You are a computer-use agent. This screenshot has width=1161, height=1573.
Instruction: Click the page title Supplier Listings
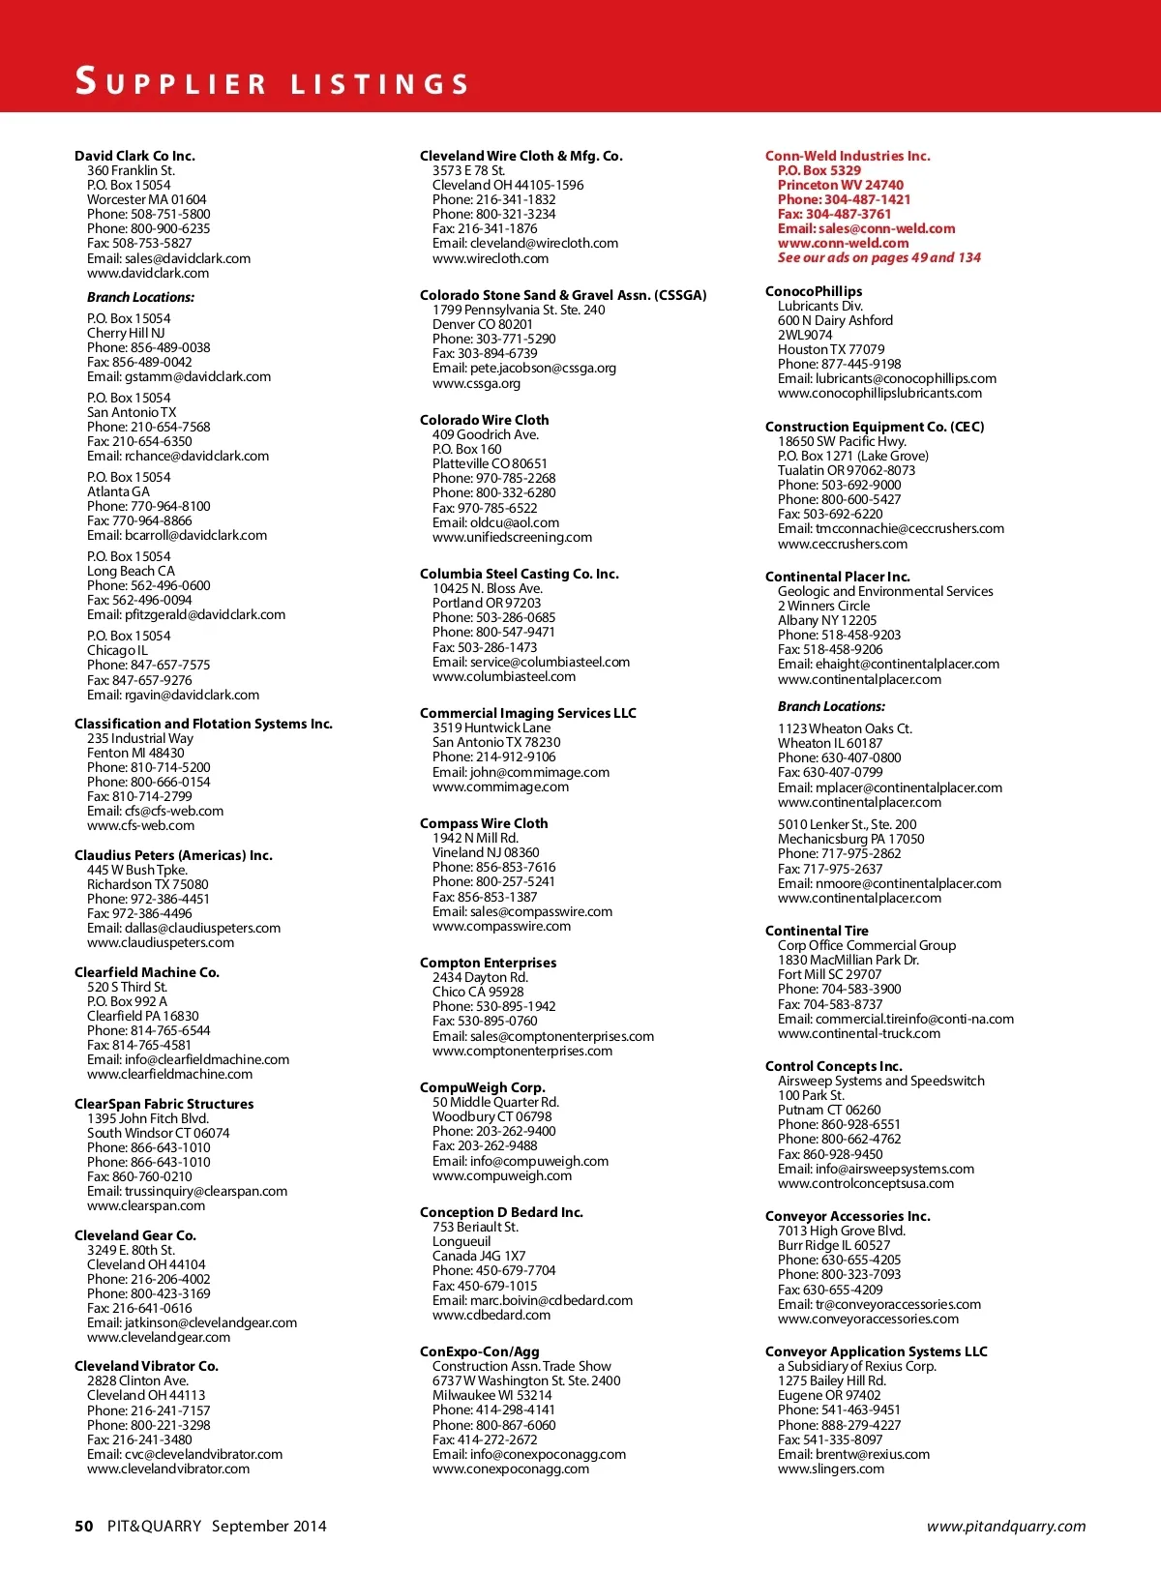coord(272,82)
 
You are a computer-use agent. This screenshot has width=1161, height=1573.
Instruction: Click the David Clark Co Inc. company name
coord(134,156)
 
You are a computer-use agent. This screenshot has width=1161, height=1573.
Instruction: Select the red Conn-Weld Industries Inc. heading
coord(848,156)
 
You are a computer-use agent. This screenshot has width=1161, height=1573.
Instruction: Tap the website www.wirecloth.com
coord(491,258)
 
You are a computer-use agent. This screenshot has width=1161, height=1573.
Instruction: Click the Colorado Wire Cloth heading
coord(484,420)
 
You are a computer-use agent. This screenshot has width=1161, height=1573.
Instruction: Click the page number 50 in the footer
coord(84,1526)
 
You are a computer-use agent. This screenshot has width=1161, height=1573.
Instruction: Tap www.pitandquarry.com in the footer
coord(1006,1527)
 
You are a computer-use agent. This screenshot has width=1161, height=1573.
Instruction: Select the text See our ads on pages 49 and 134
coord(878,258)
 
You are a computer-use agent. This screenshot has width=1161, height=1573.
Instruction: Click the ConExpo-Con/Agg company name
coord(480,1351)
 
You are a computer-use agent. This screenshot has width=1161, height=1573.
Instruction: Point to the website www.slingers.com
coord(831,1469)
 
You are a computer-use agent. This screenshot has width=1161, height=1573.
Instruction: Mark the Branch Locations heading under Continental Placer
coord(831,707)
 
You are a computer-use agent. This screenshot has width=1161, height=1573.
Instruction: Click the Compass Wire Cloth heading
coord(484,823)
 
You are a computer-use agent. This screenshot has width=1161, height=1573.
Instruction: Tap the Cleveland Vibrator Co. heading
coord(146,1366)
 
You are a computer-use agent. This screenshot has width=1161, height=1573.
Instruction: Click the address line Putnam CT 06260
coord(829,1110)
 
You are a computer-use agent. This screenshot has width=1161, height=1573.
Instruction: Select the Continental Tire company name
coord(817,931)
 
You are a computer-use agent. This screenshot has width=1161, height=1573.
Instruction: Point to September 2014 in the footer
coord(269,1527)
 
